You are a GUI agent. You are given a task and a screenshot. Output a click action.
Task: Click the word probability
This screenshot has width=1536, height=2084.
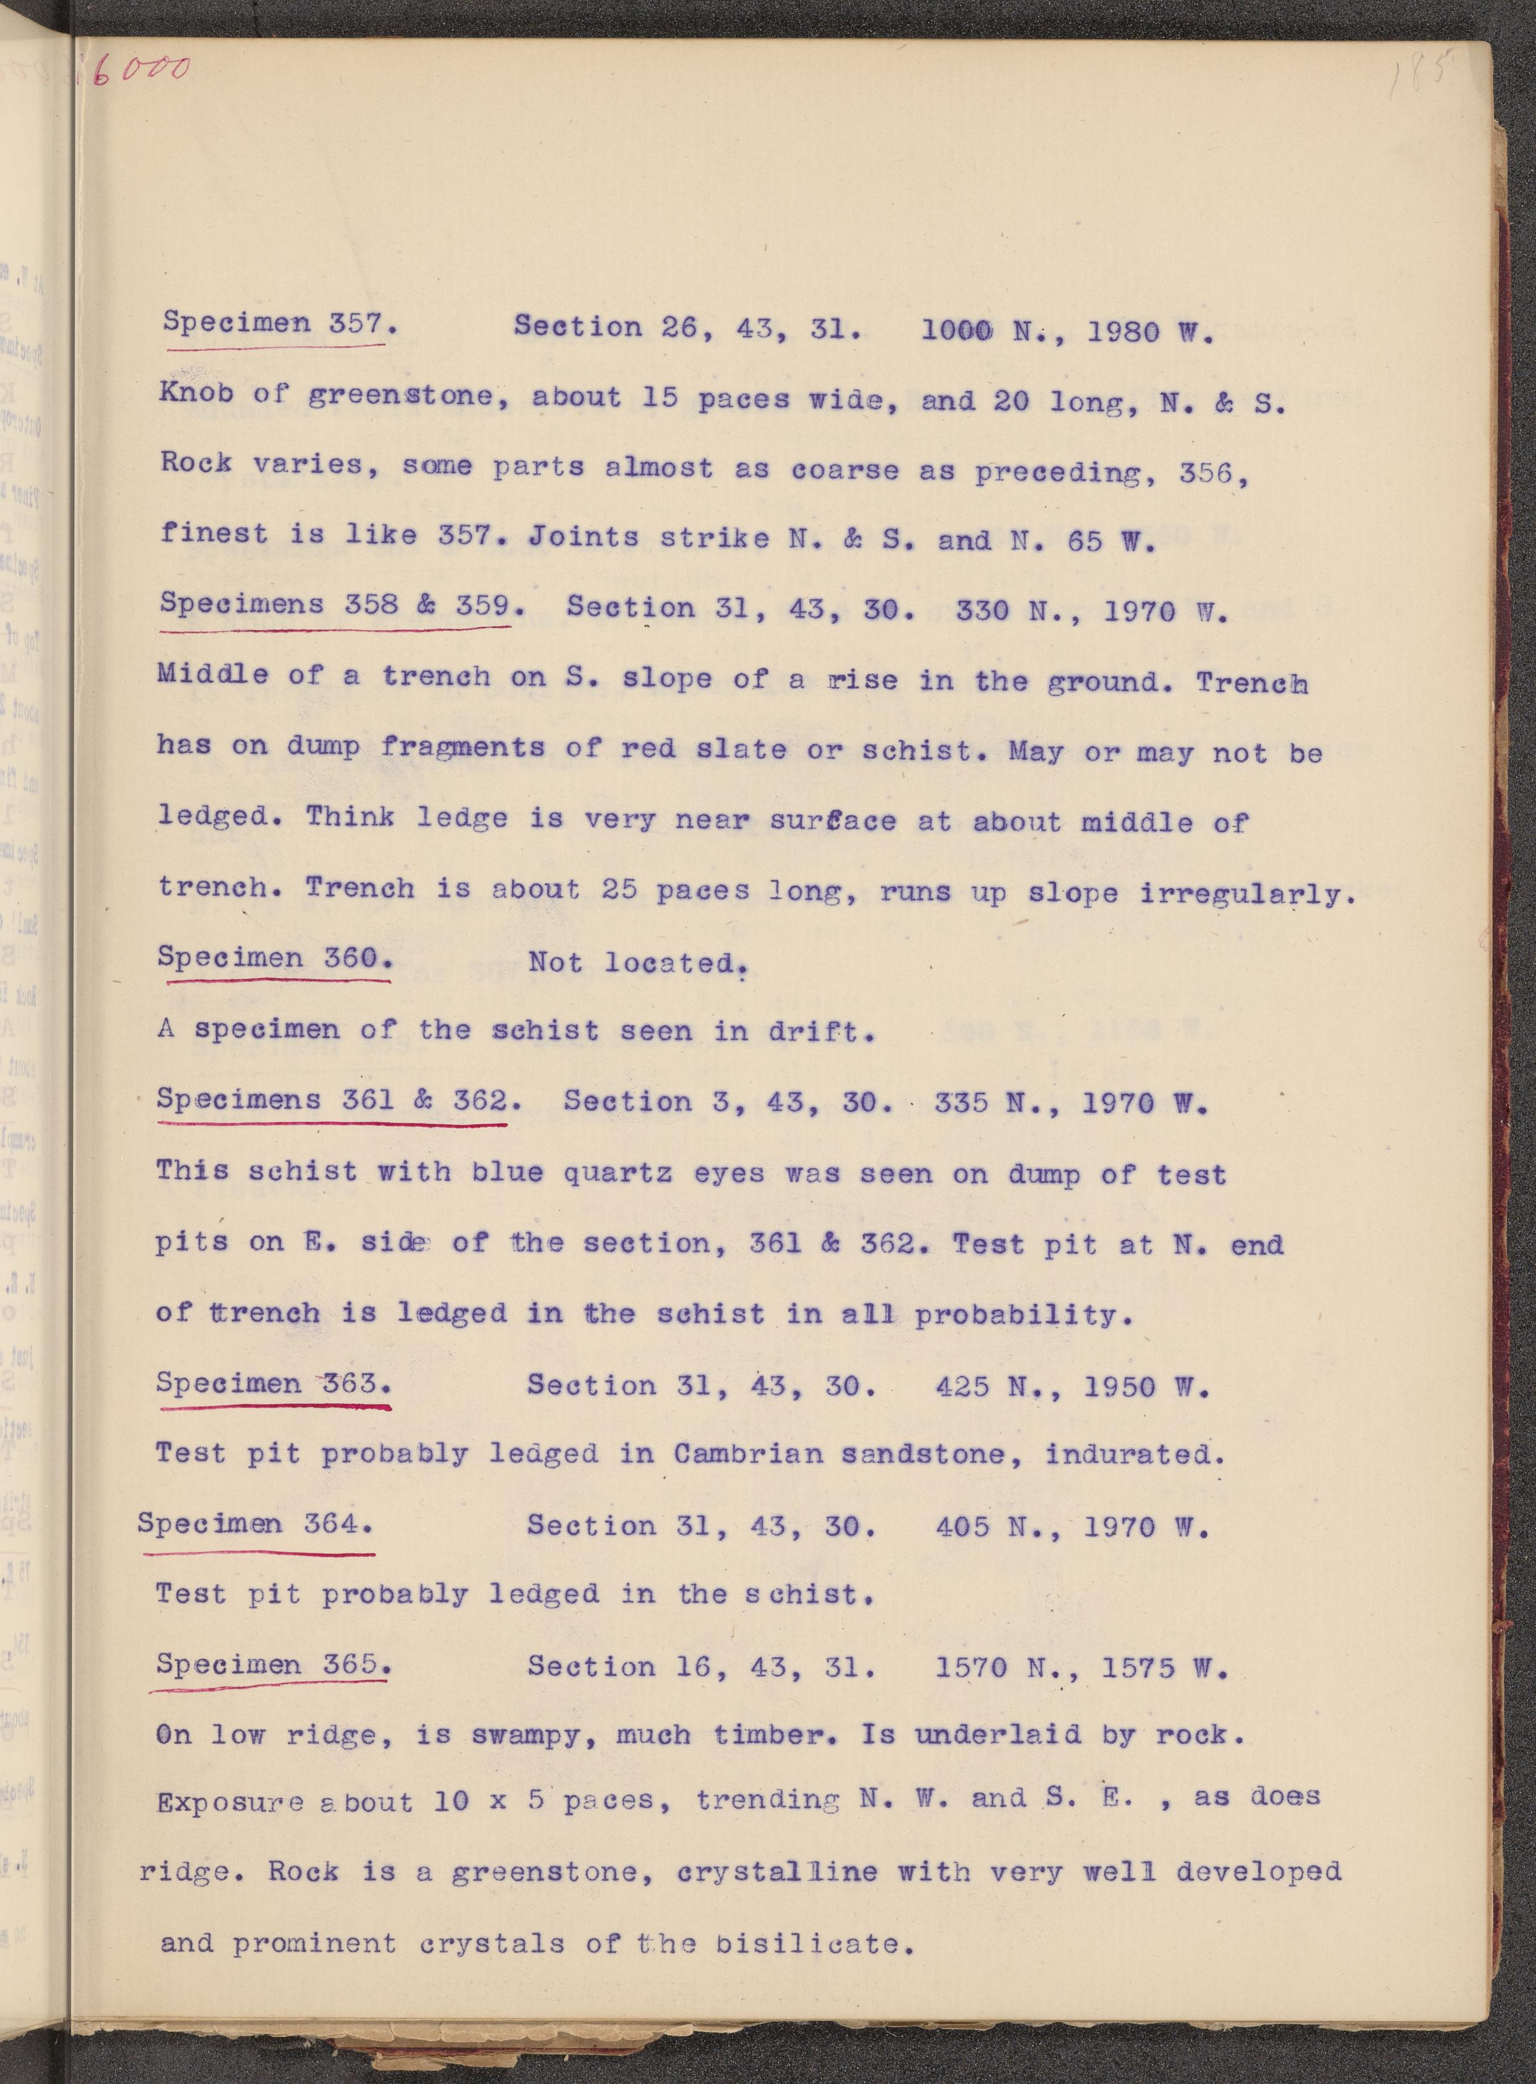[1023, 1315]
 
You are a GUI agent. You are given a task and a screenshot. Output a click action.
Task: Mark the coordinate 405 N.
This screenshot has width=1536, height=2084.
[999, 1527]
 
